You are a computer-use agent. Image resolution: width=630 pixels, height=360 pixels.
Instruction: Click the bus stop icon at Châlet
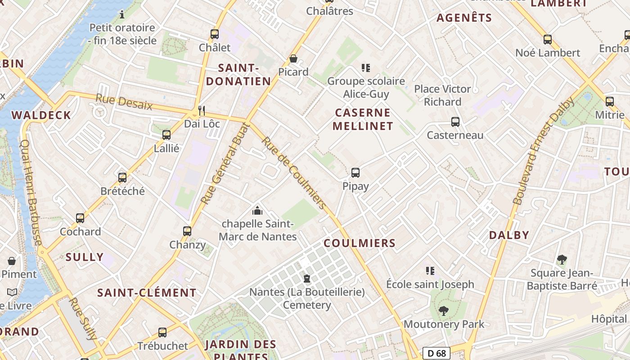[x=215, y=34]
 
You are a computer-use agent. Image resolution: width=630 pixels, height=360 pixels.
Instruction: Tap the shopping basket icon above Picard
[x=293, y=58]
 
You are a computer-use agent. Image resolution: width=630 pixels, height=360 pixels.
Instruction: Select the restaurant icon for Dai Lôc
[x=202, y=110]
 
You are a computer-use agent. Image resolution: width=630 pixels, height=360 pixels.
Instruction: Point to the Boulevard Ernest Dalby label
[x=544, y=151]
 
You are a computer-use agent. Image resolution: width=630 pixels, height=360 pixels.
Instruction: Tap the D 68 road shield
[x=436, y=353]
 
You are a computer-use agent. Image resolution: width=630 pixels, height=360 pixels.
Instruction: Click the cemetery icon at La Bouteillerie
[x=307, y=279]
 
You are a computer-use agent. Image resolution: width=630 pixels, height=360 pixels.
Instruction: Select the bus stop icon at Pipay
[x=355, y=173]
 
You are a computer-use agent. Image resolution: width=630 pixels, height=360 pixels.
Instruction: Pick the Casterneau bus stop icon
[x=455, y=122]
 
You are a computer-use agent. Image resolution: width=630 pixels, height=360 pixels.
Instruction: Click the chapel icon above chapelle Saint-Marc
[x=257, y=210]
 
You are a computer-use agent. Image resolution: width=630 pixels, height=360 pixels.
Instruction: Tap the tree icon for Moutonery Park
[x=444, y=310]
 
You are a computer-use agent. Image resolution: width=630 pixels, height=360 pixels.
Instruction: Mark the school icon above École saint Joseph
[x=430, y=271]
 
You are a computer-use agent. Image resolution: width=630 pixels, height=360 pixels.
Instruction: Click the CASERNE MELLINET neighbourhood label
[x=363, y=119]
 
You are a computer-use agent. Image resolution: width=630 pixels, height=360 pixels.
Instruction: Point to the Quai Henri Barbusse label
[x=31, y=192]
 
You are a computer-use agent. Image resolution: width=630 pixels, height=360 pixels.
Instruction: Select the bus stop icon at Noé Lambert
[x=548, y=40]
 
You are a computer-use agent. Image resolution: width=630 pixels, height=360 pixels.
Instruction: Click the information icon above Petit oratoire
[x=122, y=14]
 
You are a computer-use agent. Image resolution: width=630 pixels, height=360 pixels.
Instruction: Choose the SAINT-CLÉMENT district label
[x=147, y=293]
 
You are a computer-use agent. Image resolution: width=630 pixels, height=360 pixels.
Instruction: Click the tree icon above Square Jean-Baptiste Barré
[x=562, y=259]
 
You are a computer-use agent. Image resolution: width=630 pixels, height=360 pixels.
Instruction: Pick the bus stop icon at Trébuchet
[x=162, y=333]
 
